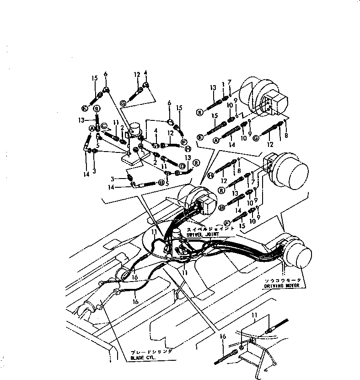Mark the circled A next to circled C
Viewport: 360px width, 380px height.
pos(92,128)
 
